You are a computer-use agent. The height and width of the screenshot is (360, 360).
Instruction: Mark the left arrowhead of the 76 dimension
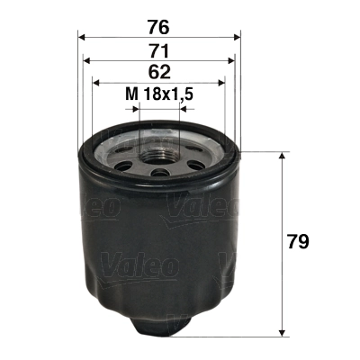click(x=83, y=37)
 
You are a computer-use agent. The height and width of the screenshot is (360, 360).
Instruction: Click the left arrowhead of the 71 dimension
click(x=87, y=60)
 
